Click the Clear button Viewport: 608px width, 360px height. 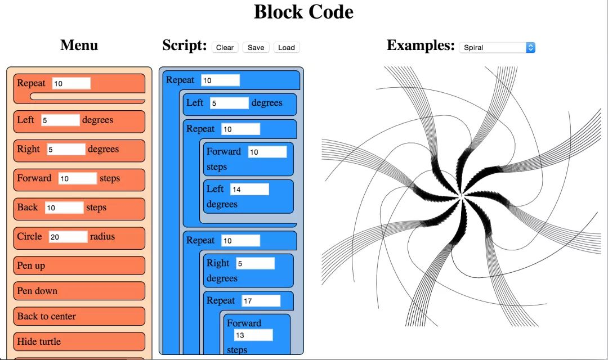(225, 47)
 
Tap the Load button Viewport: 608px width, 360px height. (286, 47)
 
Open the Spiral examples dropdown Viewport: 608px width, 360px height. (497, 48)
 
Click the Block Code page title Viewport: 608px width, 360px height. (303, 12)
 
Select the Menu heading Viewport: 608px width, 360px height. (79, 46)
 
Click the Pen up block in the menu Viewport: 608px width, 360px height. (79, 265)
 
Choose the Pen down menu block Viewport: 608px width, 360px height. (79, 291)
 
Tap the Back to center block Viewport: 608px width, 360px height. (79, 316)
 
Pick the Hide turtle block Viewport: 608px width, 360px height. (79, 341)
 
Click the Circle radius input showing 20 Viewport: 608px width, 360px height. (68, 237)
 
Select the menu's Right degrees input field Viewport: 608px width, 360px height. (66, 150)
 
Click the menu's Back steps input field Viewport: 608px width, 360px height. (64, 208)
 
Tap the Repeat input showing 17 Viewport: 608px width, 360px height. (261, 301)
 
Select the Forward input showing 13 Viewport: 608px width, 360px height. (253, 335)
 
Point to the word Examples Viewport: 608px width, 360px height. (420, 46)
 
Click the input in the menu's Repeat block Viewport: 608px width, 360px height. (71, 83)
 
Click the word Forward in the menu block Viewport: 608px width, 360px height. (34, 178)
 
